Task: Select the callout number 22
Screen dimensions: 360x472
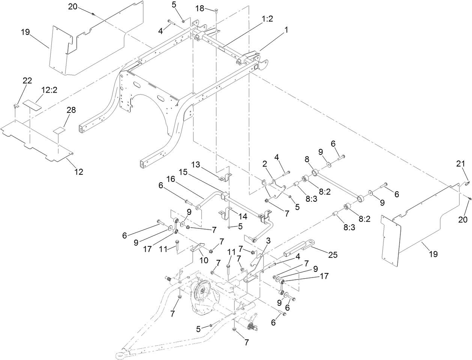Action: [x=27, y=80]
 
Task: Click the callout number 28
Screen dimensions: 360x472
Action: [x=71, y=110]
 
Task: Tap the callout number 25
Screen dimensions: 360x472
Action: [x=332, y=255]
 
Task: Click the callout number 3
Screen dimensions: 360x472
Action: [x=269, y=240]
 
